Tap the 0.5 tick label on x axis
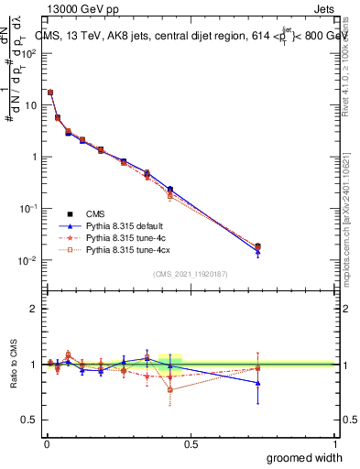click(191, 443)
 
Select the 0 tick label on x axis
click(46, 443)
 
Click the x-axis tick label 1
click(335, 443)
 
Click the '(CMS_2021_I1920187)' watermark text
click(191, 275)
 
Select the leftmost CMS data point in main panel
click(50, 93)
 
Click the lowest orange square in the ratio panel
click(170, 389)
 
